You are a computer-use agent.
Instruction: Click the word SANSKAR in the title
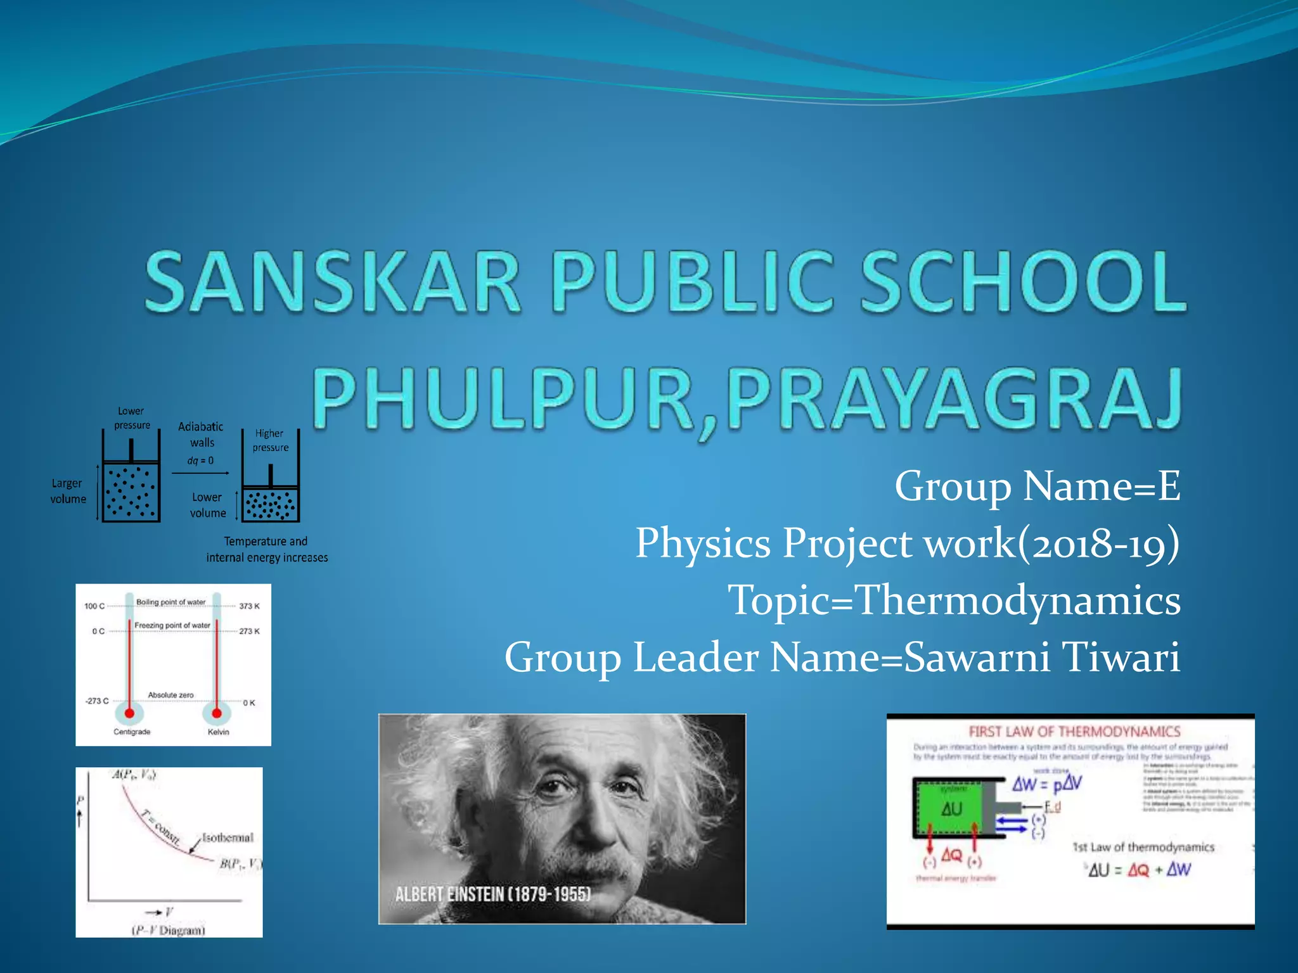[333, 282]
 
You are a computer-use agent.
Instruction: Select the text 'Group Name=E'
[1037, 486]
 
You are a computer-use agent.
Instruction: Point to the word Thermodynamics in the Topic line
[1017, 600]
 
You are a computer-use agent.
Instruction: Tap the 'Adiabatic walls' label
[201, 435]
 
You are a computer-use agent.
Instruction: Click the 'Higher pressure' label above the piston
[270, 440]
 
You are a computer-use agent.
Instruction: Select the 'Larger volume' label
[68, 491]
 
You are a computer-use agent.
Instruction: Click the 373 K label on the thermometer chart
[249, 606]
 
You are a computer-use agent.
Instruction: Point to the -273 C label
[97, 701]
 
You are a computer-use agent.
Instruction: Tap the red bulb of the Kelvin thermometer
[217, 713]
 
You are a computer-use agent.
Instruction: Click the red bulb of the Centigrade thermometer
[129, 713]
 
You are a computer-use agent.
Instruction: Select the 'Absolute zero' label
[170, 695]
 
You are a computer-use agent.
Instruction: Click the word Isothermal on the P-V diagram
[228, 837]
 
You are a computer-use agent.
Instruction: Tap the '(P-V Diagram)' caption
[169, 930]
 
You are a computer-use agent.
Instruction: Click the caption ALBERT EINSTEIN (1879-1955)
[492, 894]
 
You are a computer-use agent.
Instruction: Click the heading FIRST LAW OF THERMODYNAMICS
[1074, 732]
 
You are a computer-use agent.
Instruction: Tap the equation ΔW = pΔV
[1046, 784]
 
